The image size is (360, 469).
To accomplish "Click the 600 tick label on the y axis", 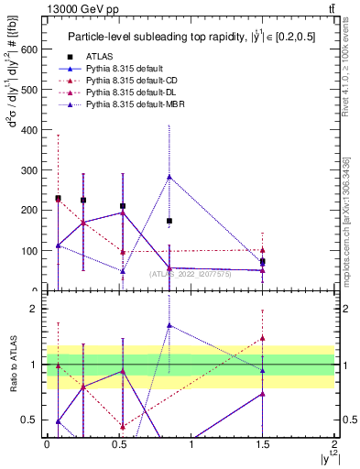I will click(29, 49).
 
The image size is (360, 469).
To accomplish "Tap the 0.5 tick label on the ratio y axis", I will click(30, 420).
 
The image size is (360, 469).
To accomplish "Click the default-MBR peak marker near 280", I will click(169, 177).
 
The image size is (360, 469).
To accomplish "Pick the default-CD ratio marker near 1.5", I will click(263, 338).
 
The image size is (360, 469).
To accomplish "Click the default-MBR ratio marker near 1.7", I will click(169, 325).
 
